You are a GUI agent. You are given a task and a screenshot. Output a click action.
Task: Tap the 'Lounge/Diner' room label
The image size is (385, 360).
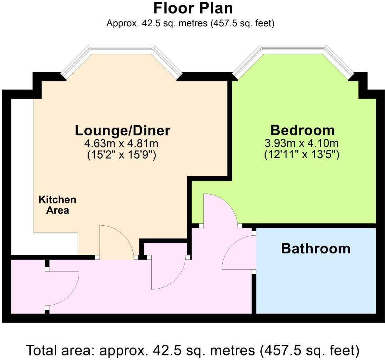click(123, 131)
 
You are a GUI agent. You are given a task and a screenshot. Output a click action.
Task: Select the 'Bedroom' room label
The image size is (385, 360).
click(302, 130)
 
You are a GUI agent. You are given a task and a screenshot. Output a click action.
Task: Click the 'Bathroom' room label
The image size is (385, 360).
click(315, 249)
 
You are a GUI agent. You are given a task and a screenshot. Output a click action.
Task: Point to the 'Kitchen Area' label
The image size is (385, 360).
click(57, 205)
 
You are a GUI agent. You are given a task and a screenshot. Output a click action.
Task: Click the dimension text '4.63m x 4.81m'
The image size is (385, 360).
click(123, 143)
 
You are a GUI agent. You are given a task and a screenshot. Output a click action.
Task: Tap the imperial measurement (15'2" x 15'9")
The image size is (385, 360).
click(123, 155)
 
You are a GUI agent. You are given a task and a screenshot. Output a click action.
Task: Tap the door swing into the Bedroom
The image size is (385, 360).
click(220, 209)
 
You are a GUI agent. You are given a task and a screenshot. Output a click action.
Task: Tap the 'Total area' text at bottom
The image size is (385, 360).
click(193, 350)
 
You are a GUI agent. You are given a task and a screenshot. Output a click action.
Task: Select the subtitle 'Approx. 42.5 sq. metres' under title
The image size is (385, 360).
click(190, 24)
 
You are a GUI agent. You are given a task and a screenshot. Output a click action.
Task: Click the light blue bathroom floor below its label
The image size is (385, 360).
click(315, 284)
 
